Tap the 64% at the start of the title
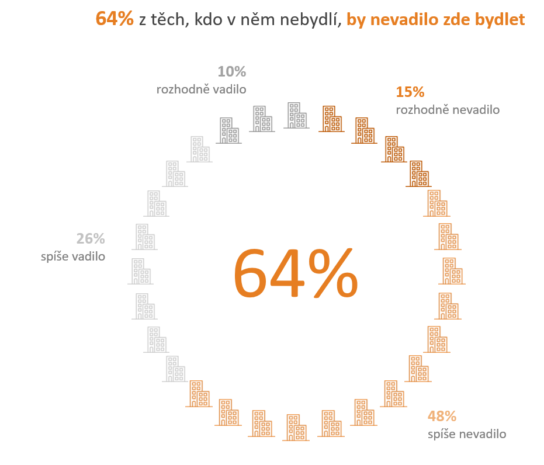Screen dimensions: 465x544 click(115, 19)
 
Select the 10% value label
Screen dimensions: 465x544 click(231, 72)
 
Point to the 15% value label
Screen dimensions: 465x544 click(410, 92)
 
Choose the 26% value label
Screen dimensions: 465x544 click(91, 238)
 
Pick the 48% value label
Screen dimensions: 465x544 click(442, 417)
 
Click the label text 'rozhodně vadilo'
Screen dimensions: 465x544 click(201, 89)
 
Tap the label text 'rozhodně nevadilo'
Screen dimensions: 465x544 click(448, 110)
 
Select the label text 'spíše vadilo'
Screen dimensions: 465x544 click(73, 256)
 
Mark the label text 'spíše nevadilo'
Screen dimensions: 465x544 click(467, 434)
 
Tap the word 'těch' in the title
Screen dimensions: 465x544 click(172, 19)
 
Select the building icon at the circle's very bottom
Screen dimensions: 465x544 click(297, 427)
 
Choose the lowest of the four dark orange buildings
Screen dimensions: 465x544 click(419, 173)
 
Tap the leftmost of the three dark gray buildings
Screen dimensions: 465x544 click(228, 130)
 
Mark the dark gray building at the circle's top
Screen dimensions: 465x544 click(297, 115)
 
